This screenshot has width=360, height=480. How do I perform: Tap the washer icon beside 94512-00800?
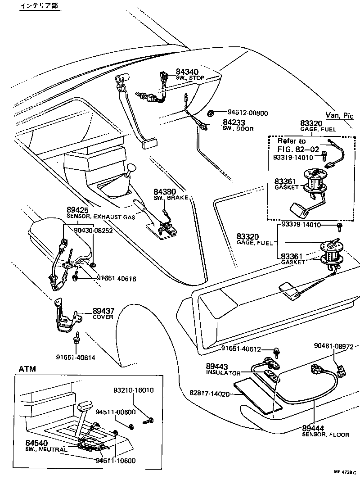point(212,113)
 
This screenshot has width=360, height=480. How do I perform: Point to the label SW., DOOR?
point(238,129)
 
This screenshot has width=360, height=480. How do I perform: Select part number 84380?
point(165,191)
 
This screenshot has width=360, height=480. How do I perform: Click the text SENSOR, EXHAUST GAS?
point(101,217)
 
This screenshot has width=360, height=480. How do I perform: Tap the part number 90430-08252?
point(93,230)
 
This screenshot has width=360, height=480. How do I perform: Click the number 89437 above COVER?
point(104,311)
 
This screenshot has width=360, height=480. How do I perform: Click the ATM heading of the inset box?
point(27,369)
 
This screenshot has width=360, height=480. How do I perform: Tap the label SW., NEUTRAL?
point(46,449)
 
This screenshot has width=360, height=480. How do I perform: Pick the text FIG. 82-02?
point(298,149)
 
